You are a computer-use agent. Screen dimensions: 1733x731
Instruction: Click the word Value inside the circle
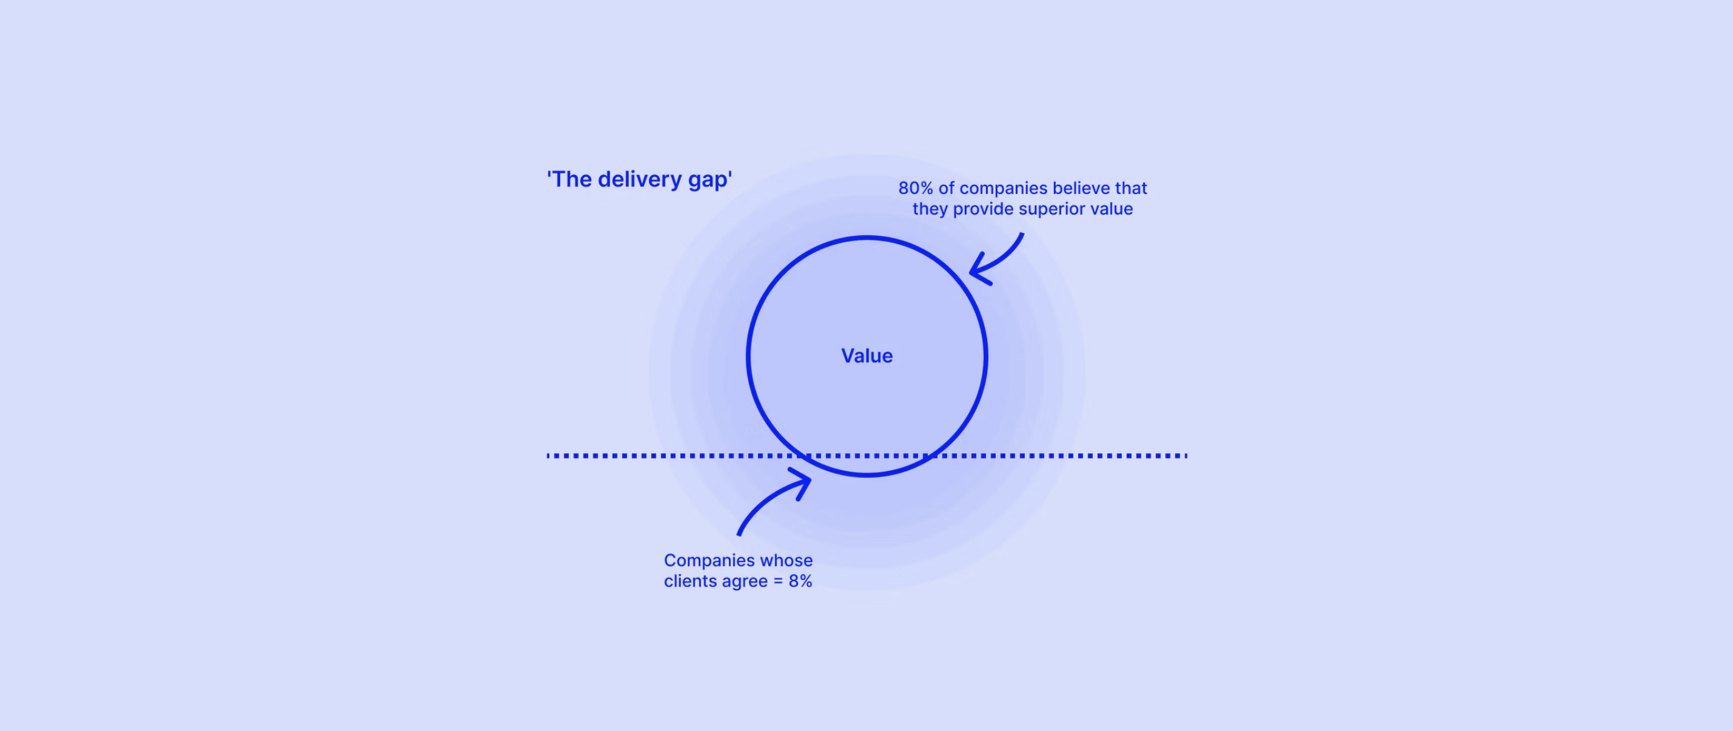point(867,356)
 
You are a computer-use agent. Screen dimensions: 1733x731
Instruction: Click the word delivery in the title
point(640,179)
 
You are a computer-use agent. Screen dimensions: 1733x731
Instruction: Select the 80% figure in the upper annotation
point(915,188)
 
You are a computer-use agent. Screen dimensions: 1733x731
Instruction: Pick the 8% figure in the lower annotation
point(800,581)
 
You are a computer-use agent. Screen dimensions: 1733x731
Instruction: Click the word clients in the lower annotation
point(690,581)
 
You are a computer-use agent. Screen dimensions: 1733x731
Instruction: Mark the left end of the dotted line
point(549,456)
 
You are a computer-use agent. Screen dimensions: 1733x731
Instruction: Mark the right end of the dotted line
point(1186,456)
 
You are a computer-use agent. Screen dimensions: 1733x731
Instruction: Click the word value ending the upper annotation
point(1111,209)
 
